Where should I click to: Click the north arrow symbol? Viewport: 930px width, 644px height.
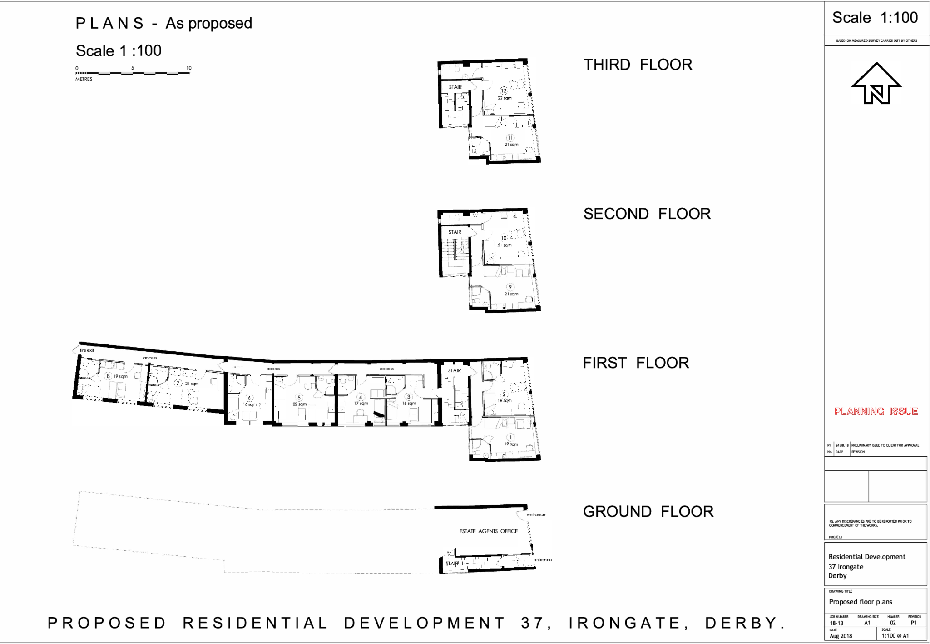pyautogui.click(x=876, y=84)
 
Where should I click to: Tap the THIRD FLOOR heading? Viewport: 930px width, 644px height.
pyautogui.click(x=638, y=65)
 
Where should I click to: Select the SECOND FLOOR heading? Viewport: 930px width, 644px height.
pyautogui.click(x=647, y=214)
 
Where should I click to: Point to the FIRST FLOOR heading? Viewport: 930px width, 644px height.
pyautogui.click(x=636, y=363)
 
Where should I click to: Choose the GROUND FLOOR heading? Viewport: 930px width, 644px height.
pyautogui.click(x=648, y=511)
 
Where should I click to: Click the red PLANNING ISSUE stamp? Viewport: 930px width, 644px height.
pyautogui.click(x=876, y=411)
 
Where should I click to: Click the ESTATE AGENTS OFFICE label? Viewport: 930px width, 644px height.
pyautogui.click(x=488, y=531)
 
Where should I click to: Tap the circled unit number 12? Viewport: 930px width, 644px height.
pyautogui.click(x=504, y=90)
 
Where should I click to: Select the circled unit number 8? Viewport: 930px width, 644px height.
pyautogui.click(x=108, y=376)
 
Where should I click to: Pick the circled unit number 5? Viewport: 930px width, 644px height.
pyautogui.click(x=299, y=398)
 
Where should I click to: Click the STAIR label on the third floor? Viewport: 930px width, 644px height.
pyautogui.click(x=455, y=87)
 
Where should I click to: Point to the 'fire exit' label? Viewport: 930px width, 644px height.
pyautogui.click(x=87, y=350)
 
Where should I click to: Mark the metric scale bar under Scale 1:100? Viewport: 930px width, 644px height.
pyautogui.click(x=133, y=73)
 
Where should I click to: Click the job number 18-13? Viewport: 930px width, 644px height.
pyautogui.click(x=836, y=623)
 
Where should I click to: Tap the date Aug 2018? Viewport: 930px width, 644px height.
pyautogui.click(x=841, y=636)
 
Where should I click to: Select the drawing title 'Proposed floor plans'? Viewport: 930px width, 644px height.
pyautogui.click(x=860, y=602)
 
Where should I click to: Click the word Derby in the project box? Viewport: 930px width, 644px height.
pyautogui.click(x=837, y=575)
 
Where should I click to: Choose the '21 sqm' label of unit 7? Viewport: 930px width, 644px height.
pyautogui.click(x=192, y=384)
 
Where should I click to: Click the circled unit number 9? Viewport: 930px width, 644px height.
pyautogui.click(x=510, y=287)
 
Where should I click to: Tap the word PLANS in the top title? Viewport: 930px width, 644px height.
pyautogui.click(x=109, y=23)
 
